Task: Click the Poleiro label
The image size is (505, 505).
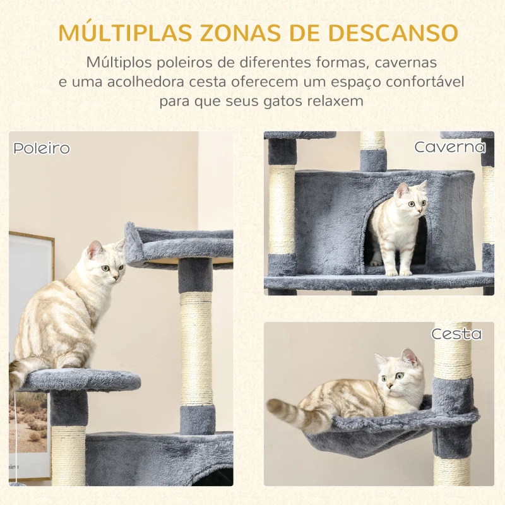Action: pyautogui.click(x=42, y=148)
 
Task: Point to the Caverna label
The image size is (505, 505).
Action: pyautogui.click(x=450, y=147)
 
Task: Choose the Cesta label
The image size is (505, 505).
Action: pyautogui.click(x=456, y=334)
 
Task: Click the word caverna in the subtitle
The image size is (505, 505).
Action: pyautogui.click(x=405, y=62)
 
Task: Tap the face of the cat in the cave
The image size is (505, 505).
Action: pyautogui.click(x=414, y=201)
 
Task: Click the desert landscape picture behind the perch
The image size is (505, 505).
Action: pyautogui.click(x=29, y=421)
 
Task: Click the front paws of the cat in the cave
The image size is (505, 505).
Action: pyautogui.click(x=398, y=273)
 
